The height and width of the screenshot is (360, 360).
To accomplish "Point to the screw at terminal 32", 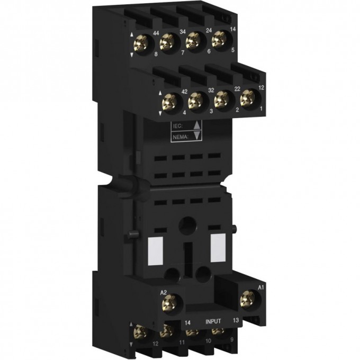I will click(197, 99).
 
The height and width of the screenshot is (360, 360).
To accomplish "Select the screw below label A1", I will click(247, 301).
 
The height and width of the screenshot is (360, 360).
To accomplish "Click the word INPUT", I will click(217, 320).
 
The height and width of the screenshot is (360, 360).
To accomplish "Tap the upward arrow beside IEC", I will click(196, 126).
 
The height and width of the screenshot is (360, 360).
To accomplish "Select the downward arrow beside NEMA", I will click(196, 136).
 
